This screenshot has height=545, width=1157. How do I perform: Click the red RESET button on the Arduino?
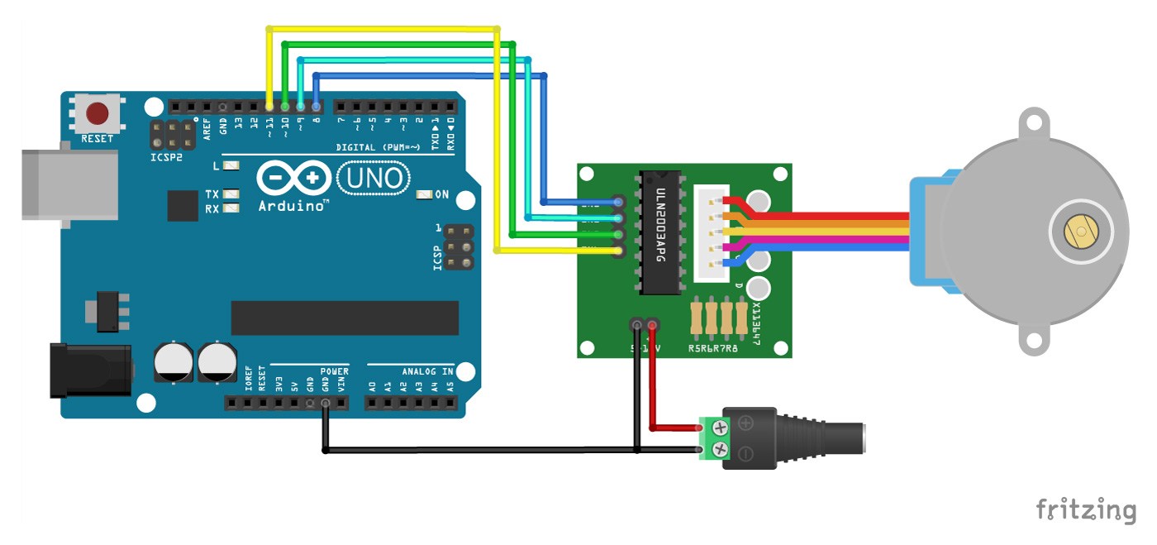(x=98, y=113)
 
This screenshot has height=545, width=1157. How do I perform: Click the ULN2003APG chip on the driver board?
(x=659, y=232)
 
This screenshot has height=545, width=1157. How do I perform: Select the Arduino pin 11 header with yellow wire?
(x=269, y=107)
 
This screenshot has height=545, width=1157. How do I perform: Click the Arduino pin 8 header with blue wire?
(x=317, y=107)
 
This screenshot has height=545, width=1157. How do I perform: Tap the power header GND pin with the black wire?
(x=326, y=404)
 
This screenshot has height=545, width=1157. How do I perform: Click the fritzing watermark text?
(x=1086, y=509)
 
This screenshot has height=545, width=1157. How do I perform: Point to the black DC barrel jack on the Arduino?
(x=91, y=369)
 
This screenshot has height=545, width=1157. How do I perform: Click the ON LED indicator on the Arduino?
(x=425, y=195)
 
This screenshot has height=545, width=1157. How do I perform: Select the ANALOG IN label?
(x=427, y=371)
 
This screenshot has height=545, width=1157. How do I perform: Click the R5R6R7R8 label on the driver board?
(x=712, y=348)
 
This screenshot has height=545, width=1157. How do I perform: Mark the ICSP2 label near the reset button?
(x=166, y=157)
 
